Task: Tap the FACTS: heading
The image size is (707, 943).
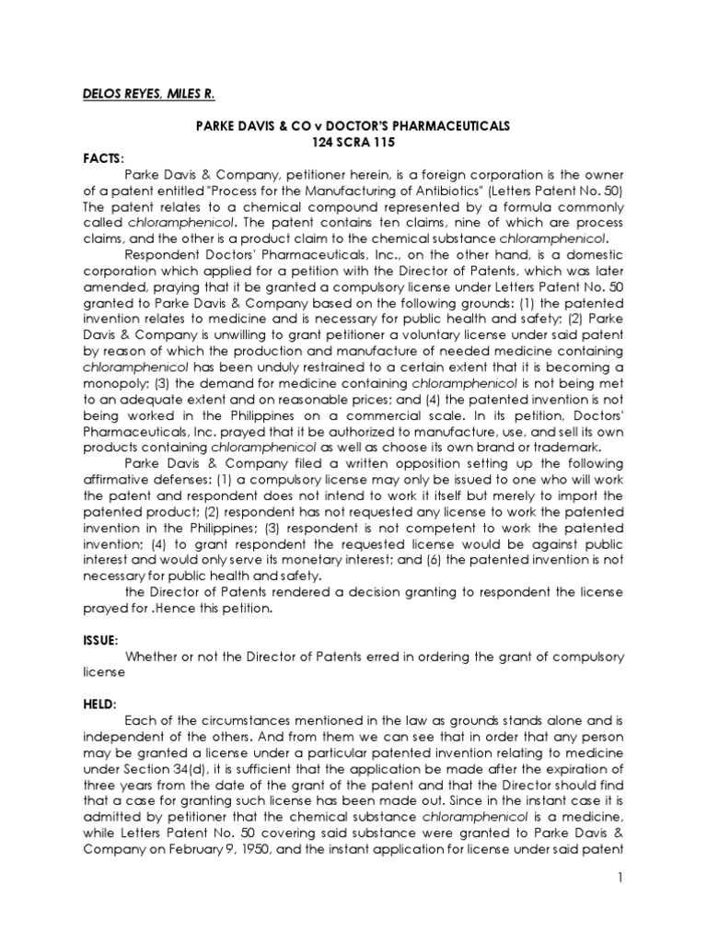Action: pos(105,158)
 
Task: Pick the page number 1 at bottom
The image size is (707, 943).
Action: pos(620,906)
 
